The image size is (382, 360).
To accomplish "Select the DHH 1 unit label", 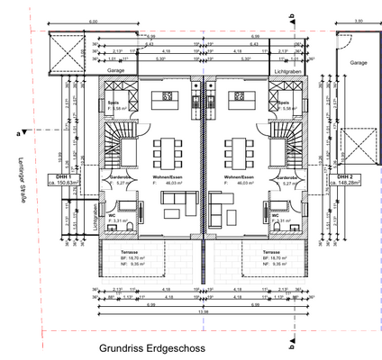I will (x=64, y=177).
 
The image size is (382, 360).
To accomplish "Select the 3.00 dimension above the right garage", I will (x=357, y=21).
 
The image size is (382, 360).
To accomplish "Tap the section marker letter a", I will (x=19, y=132).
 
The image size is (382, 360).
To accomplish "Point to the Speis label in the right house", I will (x=282, y=103).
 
